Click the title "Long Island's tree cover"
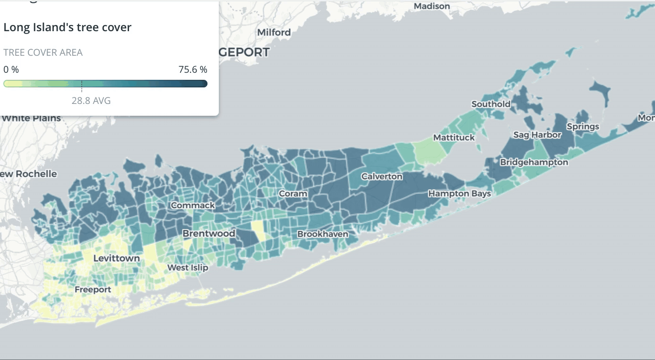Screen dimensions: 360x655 pyautogui.click(x=67, y=27)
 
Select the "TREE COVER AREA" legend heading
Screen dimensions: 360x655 pyautogui.click(x=43, y=52)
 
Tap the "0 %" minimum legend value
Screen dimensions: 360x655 pyautogui.click(x=11, y=69)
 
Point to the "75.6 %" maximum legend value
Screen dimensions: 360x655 pyautogui.click(x=193, y=69)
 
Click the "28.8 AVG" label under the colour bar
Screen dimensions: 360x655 pyautogui.click(x=91, y=101)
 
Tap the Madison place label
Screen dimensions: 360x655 pyautogui.click(x=431, y=6)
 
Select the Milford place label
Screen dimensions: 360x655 pyautogui.click(x=274, y=33)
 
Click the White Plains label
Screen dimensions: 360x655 pyautogui.click(x=32, y=118)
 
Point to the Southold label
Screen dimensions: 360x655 pyautogui.click(x=491, y=104)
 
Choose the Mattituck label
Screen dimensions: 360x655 pyautogui.click(x=454, y=137)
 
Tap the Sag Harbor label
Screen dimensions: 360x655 pyautogui.click(x=537, y=135)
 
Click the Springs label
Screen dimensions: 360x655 pyautogui.click(x=583, y=127)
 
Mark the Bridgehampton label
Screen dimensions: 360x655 pyautogui.click(x=534, y=163)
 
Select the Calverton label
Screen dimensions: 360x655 pyautogui.click(x=382, y=177)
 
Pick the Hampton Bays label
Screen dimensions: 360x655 pyautogui.click(x=459, y=194)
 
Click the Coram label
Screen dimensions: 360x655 pyautogui.click(x=293, y=194)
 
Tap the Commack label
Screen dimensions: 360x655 pyautogui.click(x=193, y=206)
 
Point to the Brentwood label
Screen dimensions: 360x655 pyautogui.click(x=209, y=233)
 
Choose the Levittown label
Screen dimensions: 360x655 pyautogui.click(x=117, y=258)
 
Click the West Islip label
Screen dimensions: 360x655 pyautogui.click(x=188, y=268)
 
